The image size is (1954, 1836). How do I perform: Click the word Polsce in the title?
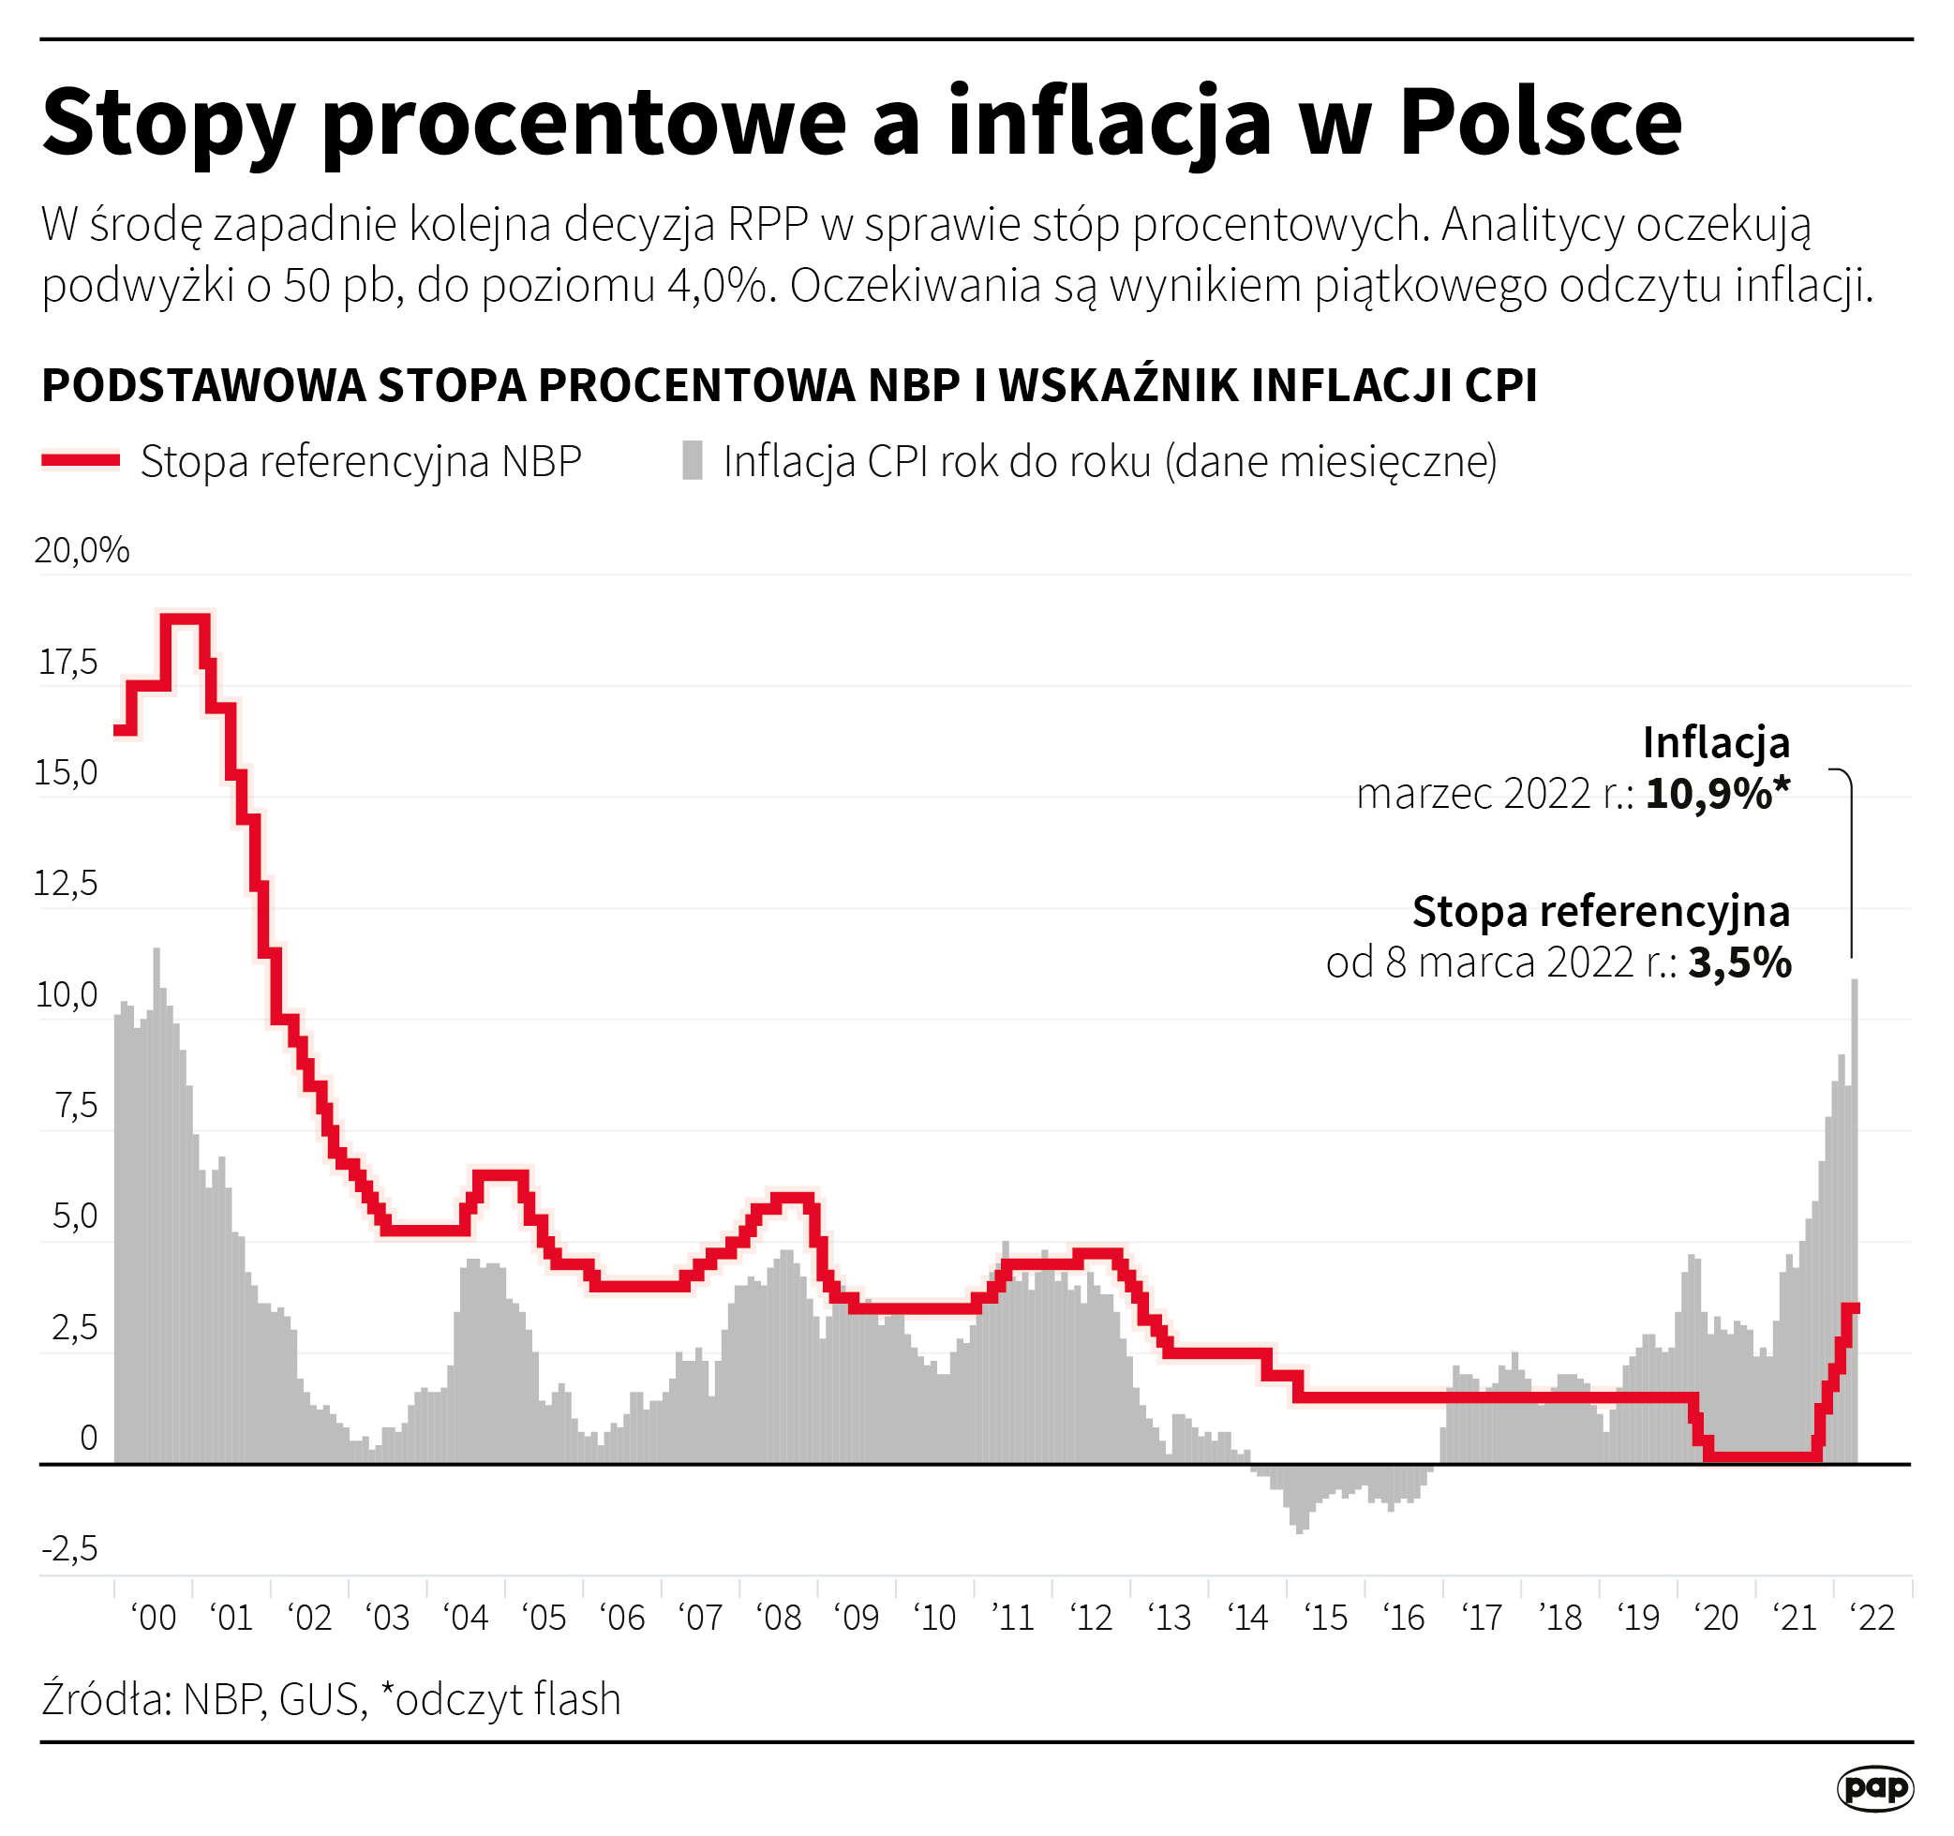[x=1540, y=122]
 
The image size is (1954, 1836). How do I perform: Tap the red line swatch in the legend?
[x=81, y=460]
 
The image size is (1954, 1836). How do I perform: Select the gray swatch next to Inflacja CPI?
[x=692, y=460]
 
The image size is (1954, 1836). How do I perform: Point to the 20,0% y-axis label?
[x=82, y=550]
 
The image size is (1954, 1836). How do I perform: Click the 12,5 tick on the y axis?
[x=66, y=884]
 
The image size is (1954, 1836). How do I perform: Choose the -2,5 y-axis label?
[x=68, y=1549]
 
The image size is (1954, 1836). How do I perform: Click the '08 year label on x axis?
[x=780, y=1617]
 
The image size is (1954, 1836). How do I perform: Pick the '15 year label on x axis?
[x=1326, y=1617]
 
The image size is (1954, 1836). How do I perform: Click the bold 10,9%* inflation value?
[x=1717, y=793]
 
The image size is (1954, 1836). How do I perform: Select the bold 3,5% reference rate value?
[x=1738, y=963]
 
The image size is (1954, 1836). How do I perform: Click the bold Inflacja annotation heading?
[x=1715, y=742]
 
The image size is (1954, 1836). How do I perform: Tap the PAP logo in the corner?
[x=1874, y=1788]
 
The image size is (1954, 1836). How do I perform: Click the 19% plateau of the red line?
[x=185, y=619]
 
